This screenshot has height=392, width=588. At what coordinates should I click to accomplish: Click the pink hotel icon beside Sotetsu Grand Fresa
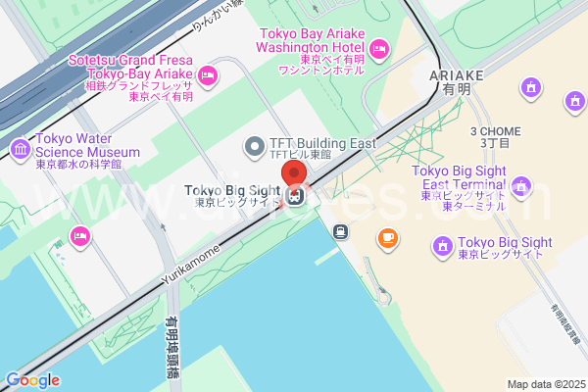coord(207,75)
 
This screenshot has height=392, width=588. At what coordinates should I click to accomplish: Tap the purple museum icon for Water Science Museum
coord(19,149)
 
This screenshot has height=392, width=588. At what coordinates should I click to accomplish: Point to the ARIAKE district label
coord(457,81)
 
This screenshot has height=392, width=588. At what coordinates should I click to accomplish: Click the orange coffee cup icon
coord(388,237)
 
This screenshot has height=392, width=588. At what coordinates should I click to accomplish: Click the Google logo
coord(32,380)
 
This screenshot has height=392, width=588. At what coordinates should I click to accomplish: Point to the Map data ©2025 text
coord(545,384)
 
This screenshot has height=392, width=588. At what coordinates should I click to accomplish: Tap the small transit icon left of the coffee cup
coord(340,232)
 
